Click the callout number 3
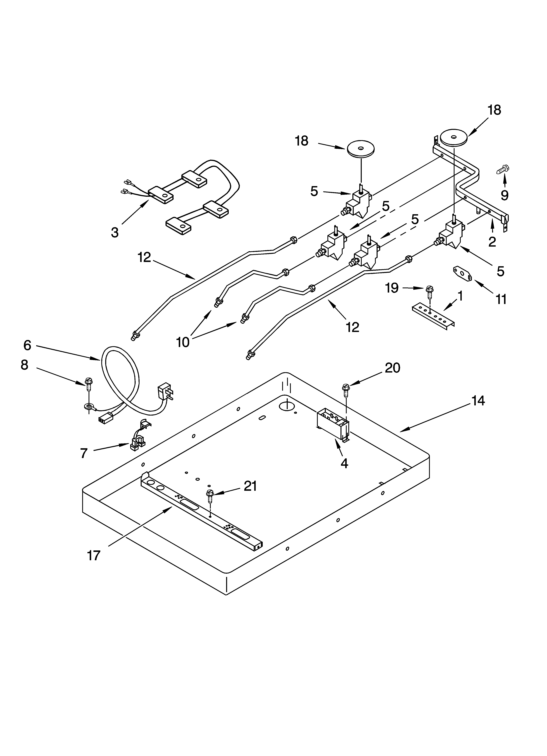pos(115,232)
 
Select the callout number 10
pos(182,342)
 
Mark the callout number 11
pos(501,299)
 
